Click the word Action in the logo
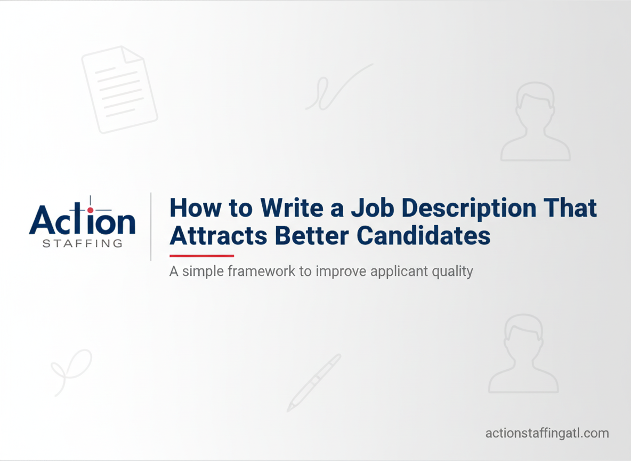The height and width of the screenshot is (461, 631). (82, 220)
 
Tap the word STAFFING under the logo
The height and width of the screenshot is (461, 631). (83, 243)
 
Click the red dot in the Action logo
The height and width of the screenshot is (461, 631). (90, 210)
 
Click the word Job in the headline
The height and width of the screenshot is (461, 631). (372, 208)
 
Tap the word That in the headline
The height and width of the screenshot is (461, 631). (571, 208)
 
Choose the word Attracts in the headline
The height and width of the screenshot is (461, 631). (219, 236)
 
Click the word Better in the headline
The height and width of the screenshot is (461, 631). (312, 236)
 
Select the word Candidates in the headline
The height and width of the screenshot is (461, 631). (424, 236)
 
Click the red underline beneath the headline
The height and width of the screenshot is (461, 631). (201, 256)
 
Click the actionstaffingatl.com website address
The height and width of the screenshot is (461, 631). (547, 433)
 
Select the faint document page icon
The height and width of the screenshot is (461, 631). (119, 90)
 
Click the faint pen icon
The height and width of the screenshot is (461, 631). (314, 383)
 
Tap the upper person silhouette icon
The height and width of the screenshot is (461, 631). (536, 121)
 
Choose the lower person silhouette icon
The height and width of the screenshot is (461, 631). (523, 353)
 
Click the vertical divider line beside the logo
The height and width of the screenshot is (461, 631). (151, 226)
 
